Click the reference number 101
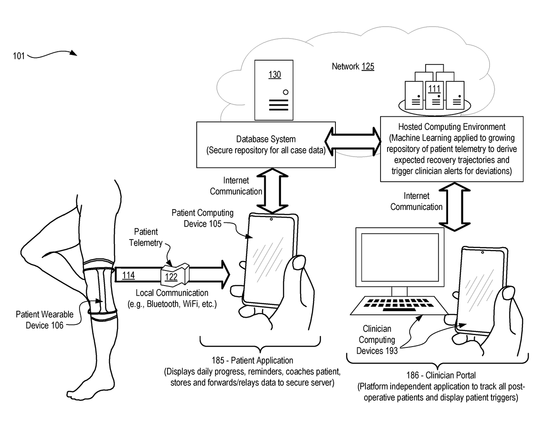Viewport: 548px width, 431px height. [x=19, y=56]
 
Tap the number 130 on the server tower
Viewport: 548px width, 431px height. [x=274, y=75]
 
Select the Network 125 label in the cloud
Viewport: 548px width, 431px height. [x=353, y=66]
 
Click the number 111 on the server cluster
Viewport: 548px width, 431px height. [x=434, y=89]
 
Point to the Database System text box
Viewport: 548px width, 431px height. [x=266, y=145]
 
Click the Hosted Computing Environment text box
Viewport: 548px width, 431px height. [x=452, y=149]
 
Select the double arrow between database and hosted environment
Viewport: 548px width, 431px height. [x=353, y=141]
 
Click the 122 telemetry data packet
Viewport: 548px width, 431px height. [x=175, y=275]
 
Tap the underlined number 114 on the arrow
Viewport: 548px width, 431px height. [x=128, y=275]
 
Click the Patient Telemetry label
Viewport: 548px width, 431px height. [x=146, y=237]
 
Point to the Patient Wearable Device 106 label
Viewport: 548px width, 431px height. [x=45, y=320]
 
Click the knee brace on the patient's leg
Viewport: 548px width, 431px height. [x=100, y=290]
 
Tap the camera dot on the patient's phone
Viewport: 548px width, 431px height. [x=271, y=219]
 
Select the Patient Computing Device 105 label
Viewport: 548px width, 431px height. [x=202, y=218]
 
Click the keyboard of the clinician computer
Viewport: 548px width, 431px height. [x=399, y=305]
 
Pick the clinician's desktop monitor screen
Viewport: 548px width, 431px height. [x=400, y=257]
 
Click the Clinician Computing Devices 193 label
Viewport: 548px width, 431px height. [x=377, y=340]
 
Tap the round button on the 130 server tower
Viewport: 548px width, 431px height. [x=286, y=92]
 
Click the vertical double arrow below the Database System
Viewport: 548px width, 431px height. [x=272, y=191]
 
